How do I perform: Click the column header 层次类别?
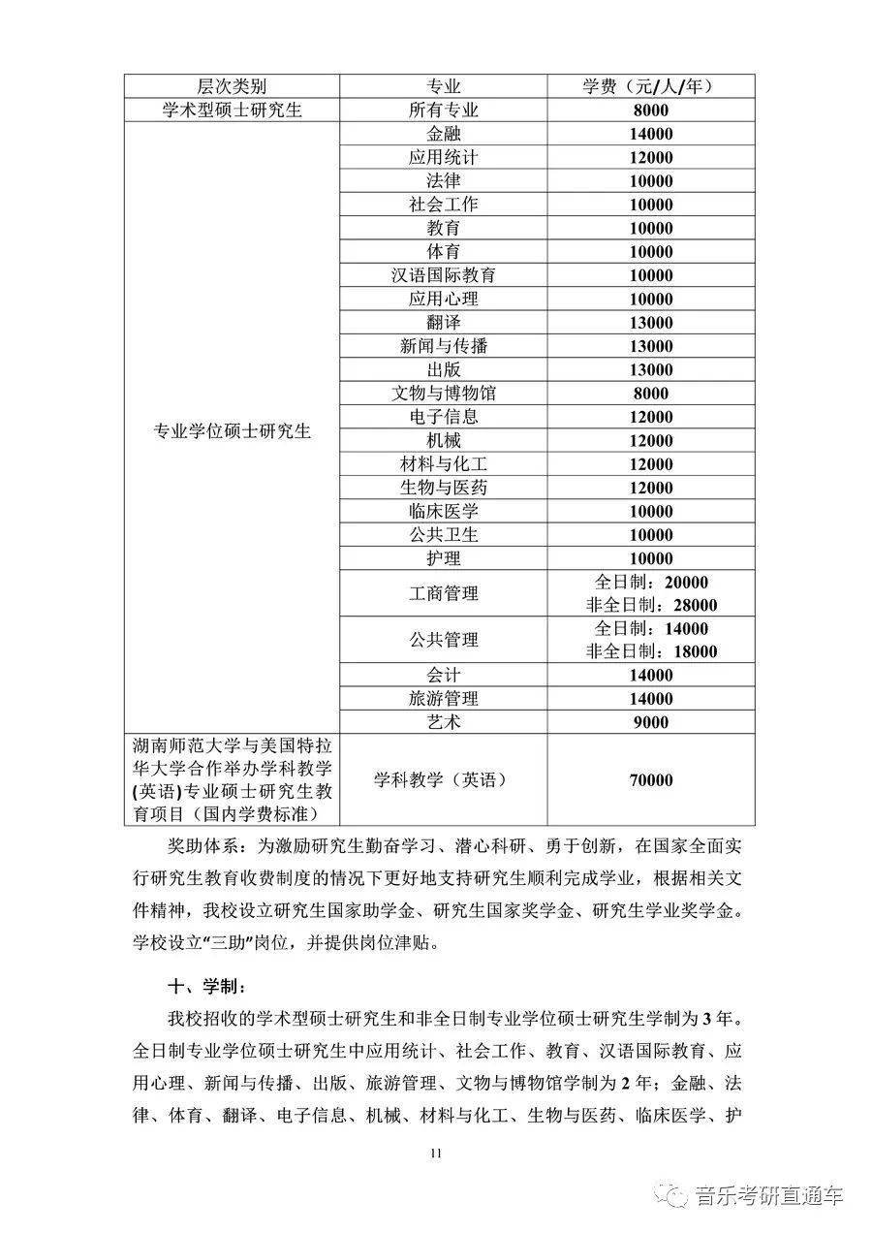click(231, 86)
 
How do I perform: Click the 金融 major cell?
click(443, 134)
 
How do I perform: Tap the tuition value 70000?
click(647, 780)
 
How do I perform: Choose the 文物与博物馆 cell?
click(443, 394)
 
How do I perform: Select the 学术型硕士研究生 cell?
click(233, 111)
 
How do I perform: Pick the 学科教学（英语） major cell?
click(442, 780)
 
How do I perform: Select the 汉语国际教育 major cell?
click(443, 275)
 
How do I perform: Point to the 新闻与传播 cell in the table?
click(443, 346)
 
